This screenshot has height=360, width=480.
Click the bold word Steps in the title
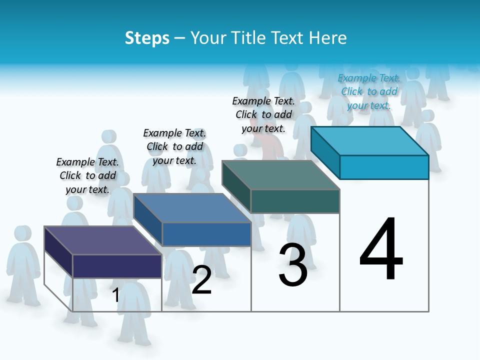click(x=147, y=38)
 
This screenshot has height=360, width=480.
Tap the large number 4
click(x=381, y=250)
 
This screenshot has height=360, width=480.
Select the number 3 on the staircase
click(x=293, y=265)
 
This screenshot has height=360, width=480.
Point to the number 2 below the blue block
click(x=201, y=280)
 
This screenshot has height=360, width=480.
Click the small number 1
click(x=115, y=295)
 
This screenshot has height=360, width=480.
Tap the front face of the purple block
click(x=117, y=266)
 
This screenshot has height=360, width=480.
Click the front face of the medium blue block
click(x=206, y=234)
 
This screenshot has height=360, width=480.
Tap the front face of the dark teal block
click(x=295, y=201)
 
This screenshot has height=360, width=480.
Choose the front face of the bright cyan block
click(x=384, y=167)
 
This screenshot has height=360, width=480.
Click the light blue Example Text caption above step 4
click(x=369, y=91)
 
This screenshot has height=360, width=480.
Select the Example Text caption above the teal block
click(x=263, y=114)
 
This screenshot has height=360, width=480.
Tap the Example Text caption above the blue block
click(x=174, y=146)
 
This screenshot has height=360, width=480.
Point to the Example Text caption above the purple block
click(x=87, y=175)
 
